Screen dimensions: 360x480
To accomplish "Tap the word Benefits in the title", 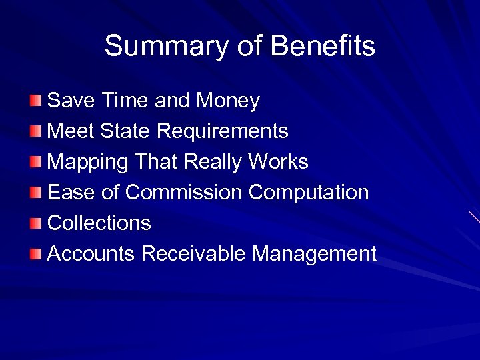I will tap(323, 47).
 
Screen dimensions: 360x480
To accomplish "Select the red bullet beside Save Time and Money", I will tap(35, 101).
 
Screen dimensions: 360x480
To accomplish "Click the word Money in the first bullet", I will tap(227, 101).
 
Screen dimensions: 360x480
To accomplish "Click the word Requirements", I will tap(223, 131).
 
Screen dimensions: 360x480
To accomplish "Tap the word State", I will tap(126, 131).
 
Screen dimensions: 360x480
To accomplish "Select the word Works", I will tap(278, 162).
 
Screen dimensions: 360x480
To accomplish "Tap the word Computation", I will tap(309, 193).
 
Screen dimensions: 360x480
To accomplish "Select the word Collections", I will tap(99, 223).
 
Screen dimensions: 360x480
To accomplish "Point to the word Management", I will tap(315, 254).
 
